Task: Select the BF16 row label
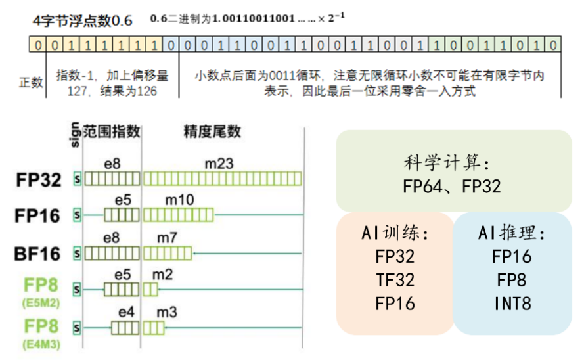[38, 253]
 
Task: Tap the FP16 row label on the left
[38, 216]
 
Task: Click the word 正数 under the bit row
[29, 82]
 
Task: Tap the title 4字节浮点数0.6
[82, 20]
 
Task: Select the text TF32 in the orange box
[395, 279]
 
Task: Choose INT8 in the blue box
[512, 304]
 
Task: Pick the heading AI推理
[512, 233]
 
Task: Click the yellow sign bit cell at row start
[37, 45]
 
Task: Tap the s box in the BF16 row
[78, 253]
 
